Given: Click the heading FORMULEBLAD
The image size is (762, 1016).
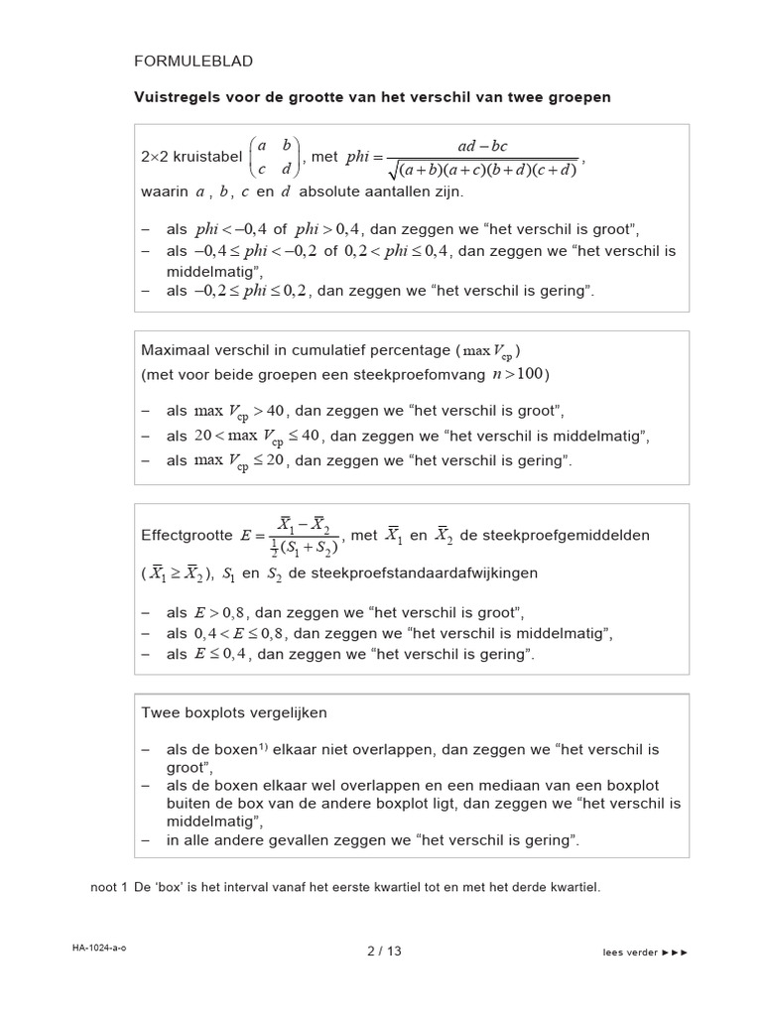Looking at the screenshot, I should (x=193, y=62).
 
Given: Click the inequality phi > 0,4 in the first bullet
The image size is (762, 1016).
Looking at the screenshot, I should (x=328, y=227).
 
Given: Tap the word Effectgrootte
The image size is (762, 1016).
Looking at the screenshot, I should (x=187, y=535).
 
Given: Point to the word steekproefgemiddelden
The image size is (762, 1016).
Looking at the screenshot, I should (x=555, y=535).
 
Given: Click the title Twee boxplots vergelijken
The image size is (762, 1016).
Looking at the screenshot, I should (x=234, y=712).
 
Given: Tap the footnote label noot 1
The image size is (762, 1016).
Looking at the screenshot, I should (x=109, y=887).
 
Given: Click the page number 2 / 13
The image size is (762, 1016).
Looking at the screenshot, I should (x=384, y=951).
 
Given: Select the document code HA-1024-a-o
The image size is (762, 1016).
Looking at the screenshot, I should (x=99, y=949).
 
